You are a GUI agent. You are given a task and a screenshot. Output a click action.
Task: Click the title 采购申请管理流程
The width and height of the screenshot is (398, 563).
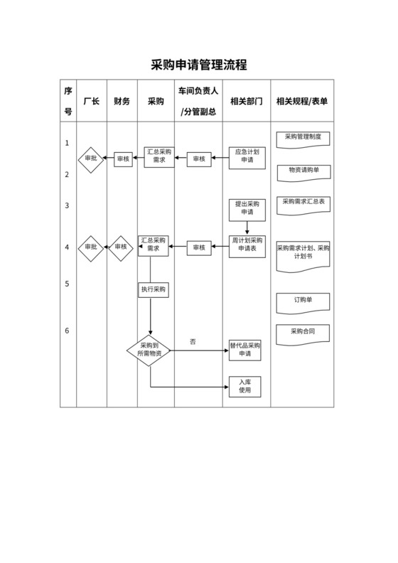point(199,65)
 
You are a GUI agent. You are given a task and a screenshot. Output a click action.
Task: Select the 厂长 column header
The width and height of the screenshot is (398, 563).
point(91,102)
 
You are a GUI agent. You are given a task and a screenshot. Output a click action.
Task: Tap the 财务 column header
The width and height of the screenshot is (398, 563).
point(122,102)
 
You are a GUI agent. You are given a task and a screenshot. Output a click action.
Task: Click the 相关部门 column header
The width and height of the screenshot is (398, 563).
point(246,102)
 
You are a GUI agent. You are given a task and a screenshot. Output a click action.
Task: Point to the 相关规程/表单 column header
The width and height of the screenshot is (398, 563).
point(302,102)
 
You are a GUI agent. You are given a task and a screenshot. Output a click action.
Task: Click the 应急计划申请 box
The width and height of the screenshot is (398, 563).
point(247,156)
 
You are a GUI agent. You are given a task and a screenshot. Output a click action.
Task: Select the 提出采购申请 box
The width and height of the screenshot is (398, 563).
point(247,208)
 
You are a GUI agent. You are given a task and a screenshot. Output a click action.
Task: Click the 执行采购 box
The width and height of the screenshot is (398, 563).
point(153,289)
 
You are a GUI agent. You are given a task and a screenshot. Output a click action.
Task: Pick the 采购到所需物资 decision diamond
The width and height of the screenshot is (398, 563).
point(149,350)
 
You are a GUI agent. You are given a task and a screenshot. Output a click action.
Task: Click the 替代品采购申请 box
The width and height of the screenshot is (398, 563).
point(246,350)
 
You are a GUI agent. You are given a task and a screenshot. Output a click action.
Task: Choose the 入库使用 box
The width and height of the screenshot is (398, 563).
point(246,386)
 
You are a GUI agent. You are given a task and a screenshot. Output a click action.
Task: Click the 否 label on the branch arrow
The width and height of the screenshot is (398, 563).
point(193,342)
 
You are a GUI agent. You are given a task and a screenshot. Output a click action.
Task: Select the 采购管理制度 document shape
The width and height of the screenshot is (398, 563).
point(302,137)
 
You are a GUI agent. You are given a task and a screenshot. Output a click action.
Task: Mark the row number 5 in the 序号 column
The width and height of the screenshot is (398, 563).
point(67,284)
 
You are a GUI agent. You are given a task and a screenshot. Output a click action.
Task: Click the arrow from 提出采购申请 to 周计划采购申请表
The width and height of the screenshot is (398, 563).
point(247,227)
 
